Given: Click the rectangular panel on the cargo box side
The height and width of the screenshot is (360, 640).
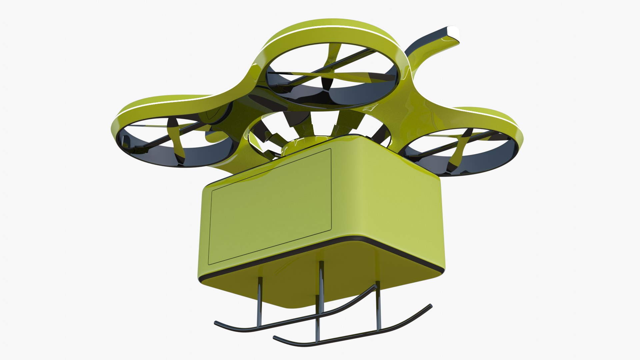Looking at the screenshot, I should coord(270,207).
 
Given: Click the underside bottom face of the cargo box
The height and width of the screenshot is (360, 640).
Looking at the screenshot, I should coord(300,283).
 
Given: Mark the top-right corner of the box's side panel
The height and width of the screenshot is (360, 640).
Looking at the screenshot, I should coord(330,150).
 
